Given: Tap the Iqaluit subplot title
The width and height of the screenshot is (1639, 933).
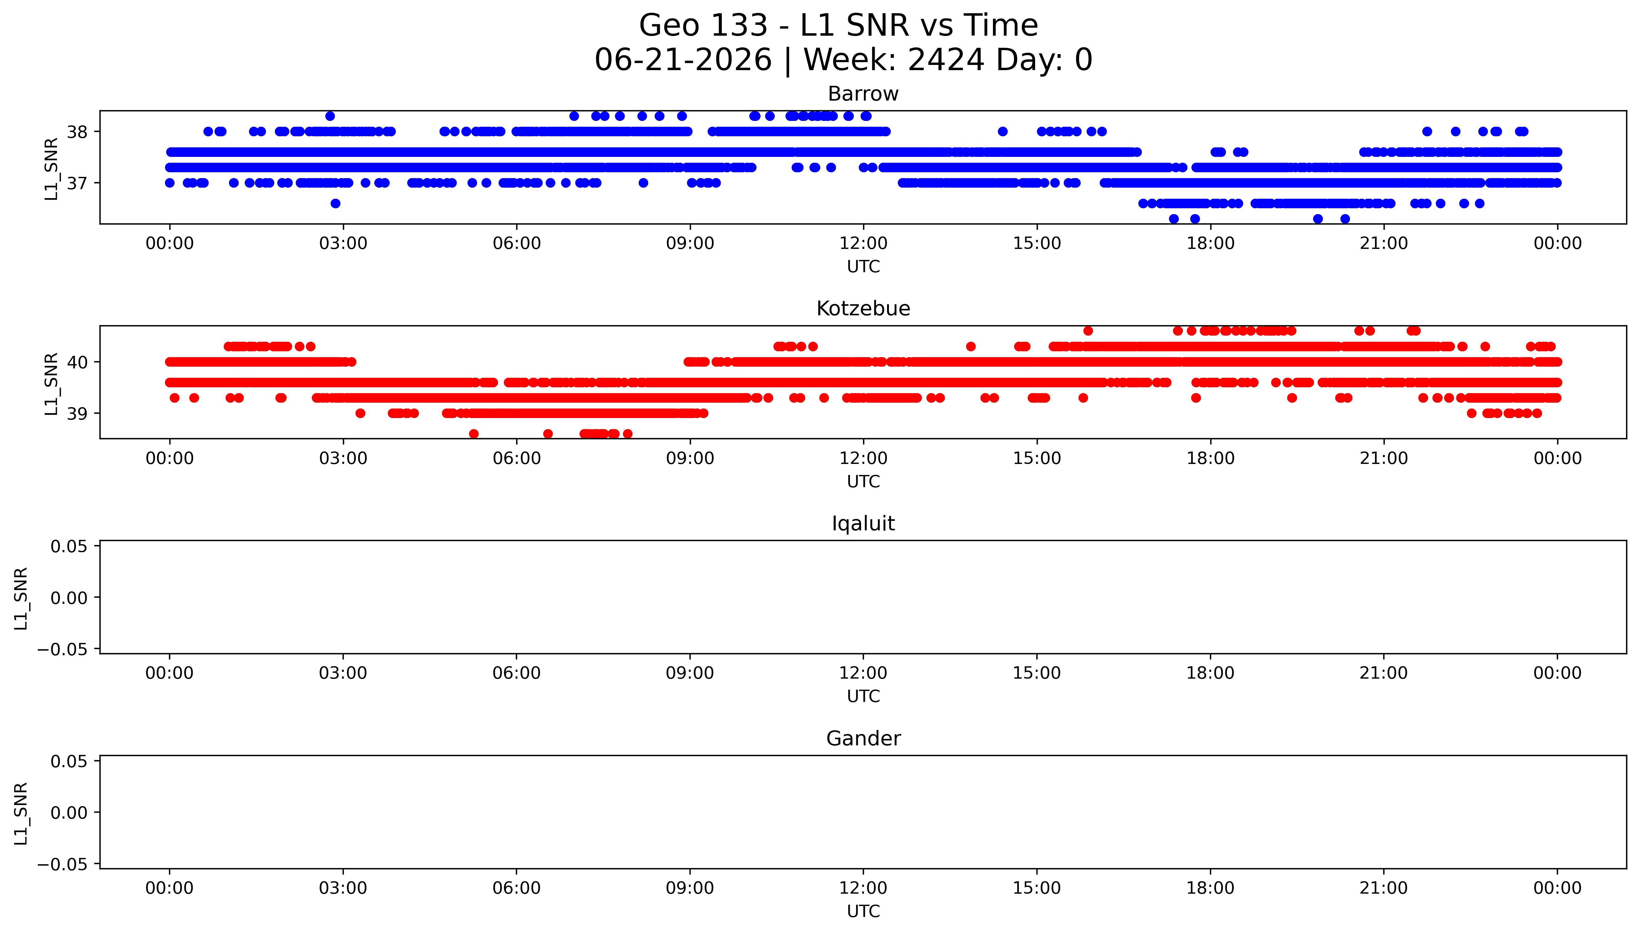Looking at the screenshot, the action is (863, 524).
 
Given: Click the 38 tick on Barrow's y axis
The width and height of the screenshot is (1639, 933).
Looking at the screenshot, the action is (78, 132).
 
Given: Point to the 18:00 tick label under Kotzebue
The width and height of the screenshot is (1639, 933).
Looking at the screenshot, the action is (1210, 458).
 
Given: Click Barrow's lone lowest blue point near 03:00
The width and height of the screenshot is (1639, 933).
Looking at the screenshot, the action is (335, 203).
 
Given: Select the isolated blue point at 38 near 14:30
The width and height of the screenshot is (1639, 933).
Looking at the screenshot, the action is (1002, 131).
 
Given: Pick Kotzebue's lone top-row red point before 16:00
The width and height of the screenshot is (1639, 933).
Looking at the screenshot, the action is (1088, 331).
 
